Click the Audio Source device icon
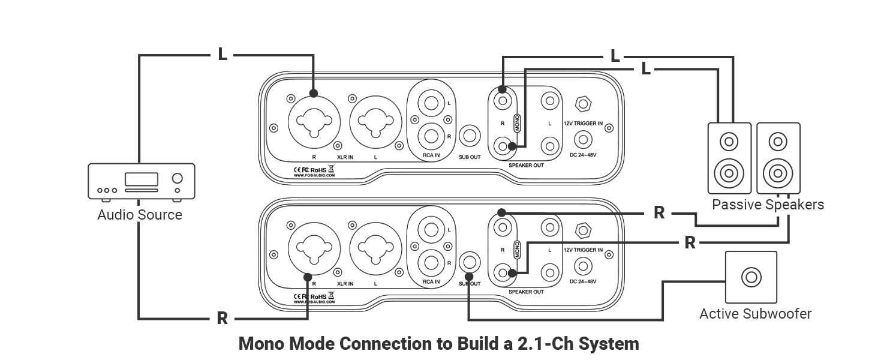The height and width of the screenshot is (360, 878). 142,181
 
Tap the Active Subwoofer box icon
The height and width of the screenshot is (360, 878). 751,277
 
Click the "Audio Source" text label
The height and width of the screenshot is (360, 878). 140,215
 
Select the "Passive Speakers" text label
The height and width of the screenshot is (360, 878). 768,205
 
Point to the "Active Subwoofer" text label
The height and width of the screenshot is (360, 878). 755,314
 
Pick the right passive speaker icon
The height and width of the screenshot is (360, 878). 778,158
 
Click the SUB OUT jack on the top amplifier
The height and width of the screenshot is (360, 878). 470,136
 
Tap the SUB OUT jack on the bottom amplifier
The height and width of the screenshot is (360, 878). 470,262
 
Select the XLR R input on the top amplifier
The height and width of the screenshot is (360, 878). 314,118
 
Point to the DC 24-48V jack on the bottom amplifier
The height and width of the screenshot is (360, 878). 581,266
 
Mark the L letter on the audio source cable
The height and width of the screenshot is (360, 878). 222,55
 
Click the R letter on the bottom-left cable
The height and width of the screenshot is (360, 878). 222,319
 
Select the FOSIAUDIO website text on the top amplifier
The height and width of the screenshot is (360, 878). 314,176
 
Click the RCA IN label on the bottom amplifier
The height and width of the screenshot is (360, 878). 432,282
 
